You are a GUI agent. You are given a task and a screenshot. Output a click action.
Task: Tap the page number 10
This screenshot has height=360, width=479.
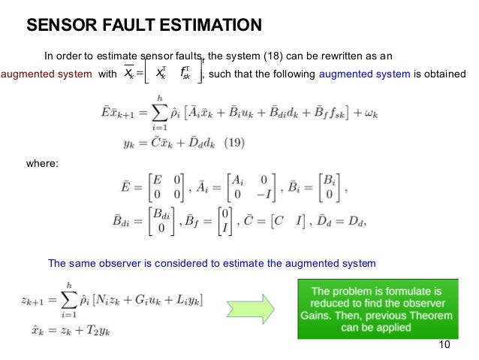[443, 344]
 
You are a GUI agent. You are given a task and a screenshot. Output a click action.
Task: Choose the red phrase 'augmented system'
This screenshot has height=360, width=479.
[45, 74]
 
